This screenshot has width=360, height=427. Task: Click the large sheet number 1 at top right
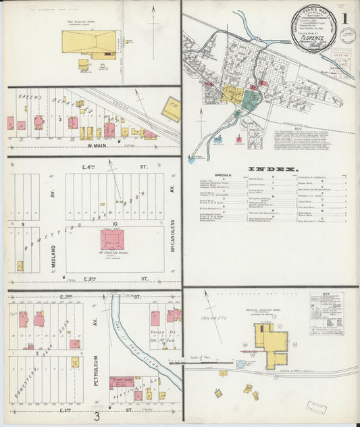(x=346, y=18)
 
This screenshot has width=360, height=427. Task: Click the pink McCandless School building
(x=112, y=239)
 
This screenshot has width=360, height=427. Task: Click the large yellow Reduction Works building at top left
(x=88, y=42)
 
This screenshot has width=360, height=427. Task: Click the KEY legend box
(x=326, y=313)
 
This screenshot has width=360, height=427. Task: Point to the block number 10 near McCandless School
(x=115, y=223)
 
